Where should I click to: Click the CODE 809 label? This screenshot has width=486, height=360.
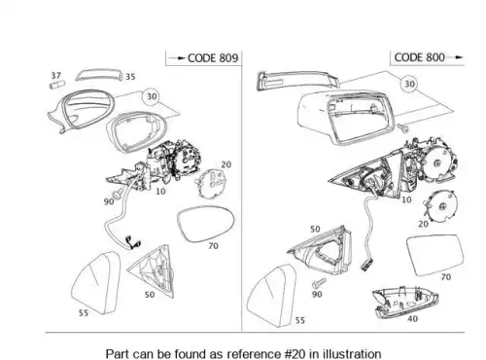click(213, 58)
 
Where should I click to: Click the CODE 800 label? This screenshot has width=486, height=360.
click(419, 57)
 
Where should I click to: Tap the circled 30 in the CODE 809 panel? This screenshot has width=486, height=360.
click(152, 96)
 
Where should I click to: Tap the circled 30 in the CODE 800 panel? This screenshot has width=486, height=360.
click(409, 84)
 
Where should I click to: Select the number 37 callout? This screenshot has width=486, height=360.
click(56, 76)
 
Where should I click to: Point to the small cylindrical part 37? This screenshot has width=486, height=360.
click(57, 85)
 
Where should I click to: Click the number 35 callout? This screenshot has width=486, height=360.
click(130, 77)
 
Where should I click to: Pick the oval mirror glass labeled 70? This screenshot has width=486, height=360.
click(206, 224)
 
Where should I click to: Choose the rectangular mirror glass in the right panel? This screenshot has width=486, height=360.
click(435, 255)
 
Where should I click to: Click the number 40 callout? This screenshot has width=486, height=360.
click(412, 319)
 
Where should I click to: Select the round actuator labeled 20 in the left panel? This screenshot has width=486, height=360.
click(211, 183)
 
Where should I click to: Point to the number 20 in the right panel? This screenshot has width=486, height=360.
click(423, 224)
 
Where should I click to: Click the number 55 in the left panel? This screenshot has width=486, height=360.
click(84, 313)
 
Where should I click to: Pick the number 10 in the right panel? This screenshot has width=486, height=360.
click(406, 199)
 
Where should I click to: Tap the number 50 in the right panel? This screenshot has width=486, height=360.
click(315, 230)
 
